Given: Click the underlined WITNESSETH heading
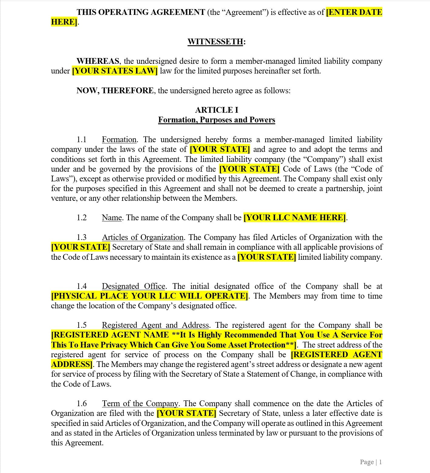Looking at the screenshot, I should point(215,42).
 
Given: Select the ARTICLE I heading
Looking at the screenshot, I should point(216,110).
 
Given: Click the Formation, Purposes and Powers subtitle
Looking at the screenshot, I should point(216,120).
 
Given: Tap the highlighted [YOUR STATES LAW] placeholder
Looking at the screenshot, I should point(115,71).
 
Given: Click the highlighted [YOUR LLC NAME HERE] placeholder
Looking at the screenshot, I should point(294,218).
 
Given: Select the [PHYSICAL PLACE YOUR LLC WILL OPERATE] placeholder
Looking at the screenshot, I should point(150,296).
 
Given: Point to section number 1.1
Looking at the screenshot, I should point(82,140).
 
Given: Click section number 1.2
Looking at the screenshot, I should point(82,218).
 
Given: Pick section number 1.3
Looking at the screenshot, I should point(82,238).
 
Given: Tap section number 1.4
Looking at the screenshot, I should point(82,286).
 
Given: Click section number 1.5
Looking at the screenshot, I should point(82,325).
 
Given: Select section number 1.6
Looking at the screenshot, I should point(82,404).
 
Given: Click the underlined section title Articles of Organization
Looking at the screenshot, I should point(143,238).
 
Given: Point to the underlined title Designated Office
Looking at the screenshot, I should point(134,286).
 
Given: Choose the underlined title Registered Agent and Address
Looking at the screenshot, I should point(155,325).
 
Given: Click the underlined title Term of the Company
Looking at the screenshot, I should point(140,404).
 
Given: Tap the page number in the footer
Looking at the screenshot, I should point(371,462).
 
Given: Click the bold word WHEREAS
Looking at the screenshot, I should point(98,61).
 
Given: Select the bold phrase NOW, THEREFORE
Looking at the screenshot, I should point(115,91).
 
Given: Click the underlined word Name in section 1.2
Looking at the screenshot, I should point(112,218).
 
